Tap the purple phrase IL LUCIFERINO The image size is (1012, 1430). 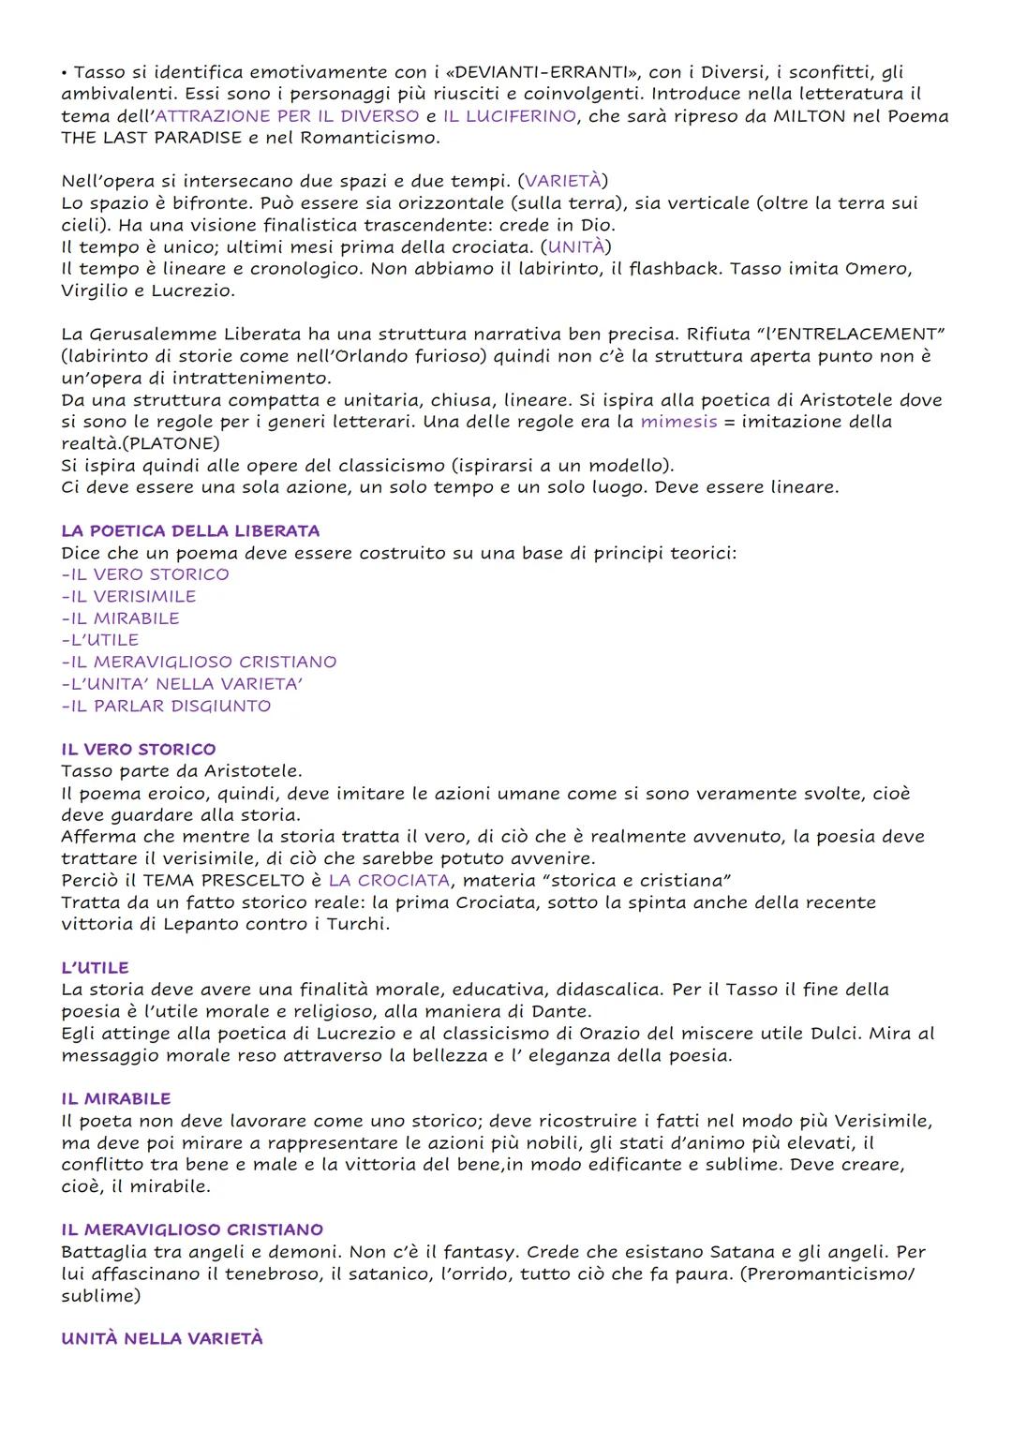tap(509, 116)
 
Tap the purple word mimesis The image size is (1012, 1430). tap(678, 422)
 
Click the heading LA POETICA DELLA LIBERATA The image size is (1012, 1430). tap(190, 530)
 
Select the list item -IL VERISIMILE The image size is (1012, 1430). tap(128, 596)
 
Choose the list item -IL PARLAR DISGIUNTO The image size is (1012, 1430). tap(166, 706)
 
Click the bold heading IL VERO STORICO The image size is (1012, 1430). tap(139, 749)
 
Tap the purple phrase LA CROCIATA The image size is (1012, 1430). tap(389, 880)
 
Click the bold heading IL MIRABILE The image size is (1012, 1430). tap(116, 1098)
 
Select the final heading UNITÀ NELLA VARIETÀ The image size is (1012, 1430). tap(162, 1338)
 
